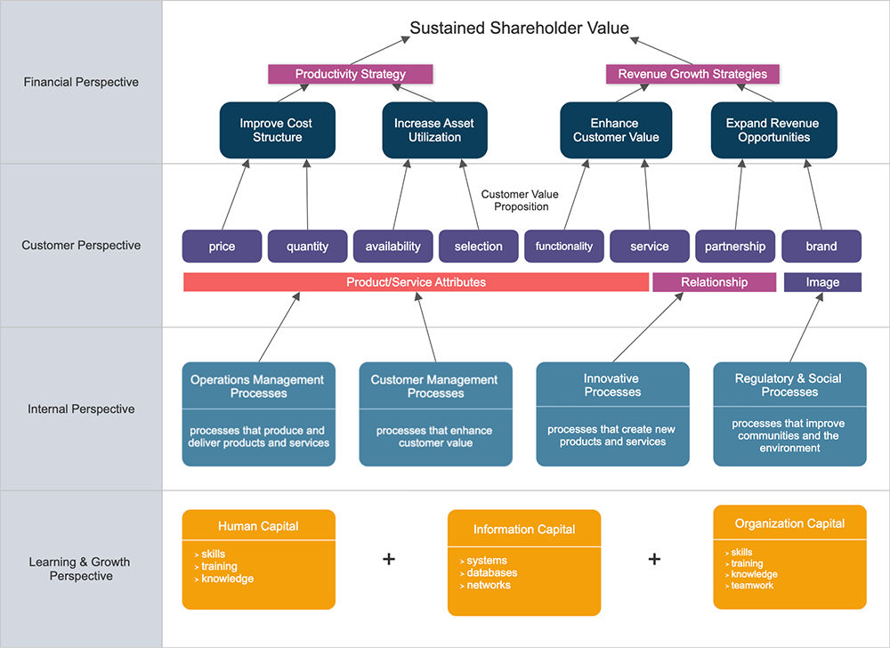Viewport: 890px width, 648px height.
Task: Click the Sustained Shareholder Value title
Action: (519, 28)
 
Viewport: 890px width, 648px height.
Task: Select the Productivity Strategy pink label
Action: (351, 74)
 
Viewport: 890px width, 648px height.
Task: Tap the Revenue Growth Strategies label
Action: (692, 74)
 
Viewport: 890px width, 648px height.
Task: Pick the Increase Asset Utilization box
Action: (434, 131)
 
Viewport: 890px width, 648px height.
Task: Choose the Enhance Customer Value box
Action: (616, 131)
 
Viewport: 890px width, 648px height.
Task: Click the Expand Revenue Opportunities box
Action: (773, 131)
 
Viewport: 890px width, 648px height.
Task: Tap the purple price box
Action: (222, 247)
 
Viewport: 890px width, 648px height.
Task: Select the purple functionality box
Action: (564, 247)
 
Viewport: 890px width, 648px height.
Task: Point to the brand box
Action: (821, 247)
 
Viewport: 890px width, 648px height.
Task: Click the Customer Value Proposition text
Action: (514, 200)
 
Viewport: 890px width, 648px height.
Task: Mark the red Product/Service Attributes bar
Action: (416, 282)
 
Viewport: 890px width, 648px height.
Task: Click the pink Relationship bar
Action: (715, 282)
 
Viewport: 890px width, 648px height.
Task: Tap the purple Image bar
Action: (822, 282)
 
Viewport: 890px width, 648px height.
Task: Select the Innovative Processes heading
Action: (612, 385)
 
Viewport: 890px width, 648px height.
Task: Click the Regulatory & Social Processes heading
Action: (789, 385)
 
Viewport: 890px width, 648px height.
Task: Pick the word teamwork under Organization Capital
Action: (753, 586)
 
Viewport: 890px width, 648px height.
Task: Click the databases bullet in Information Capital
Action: (492, 573)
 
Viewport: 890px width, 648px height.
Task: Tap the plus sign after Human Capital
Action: (388, 559)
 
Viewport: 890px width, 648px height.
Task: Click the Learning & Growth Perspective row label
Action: (79, 569)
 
